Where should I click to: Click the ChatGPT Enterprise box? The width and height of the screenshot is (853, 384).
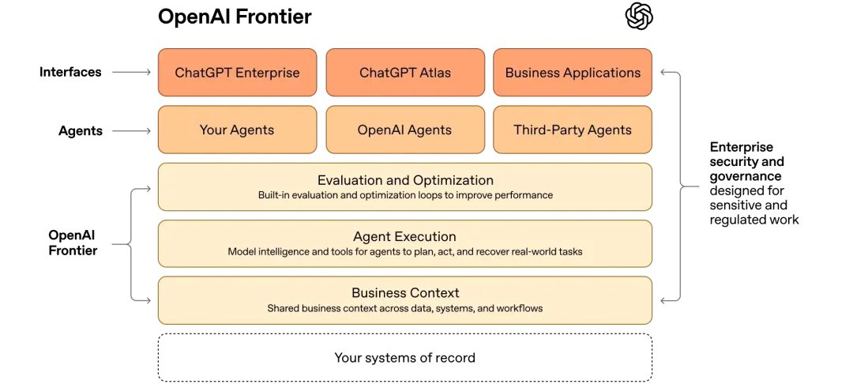point(237,73)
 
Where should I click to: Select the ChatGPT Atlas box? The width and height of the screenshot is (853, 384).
point(405,73)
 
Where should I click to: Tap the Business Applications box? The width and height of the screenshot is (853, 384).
point(573,73)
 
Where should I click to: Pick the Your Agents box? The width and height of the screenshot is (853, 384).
point(237,130)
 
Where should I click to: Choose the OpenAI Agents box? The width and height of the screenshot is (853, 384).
point(405,130)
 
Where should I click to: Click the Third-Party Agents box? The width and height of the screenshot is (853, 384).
point(573,130)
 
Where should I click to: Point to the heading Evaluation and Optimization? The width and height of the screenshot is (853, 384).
point(405,180)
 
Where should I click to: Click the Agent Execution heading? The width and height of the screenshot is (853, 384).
point(404,236)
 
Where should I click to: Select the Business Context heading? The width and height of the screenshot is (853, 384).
point(405,293)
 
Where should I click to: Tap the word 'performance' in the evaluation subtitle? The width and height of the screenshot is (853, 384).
point(525,195)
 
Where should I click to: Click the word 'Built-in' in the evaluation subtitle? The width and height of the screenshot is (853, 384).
point(273,195)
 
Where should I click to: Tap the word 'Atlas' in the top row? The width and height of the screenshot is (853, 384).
point(434,73)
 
